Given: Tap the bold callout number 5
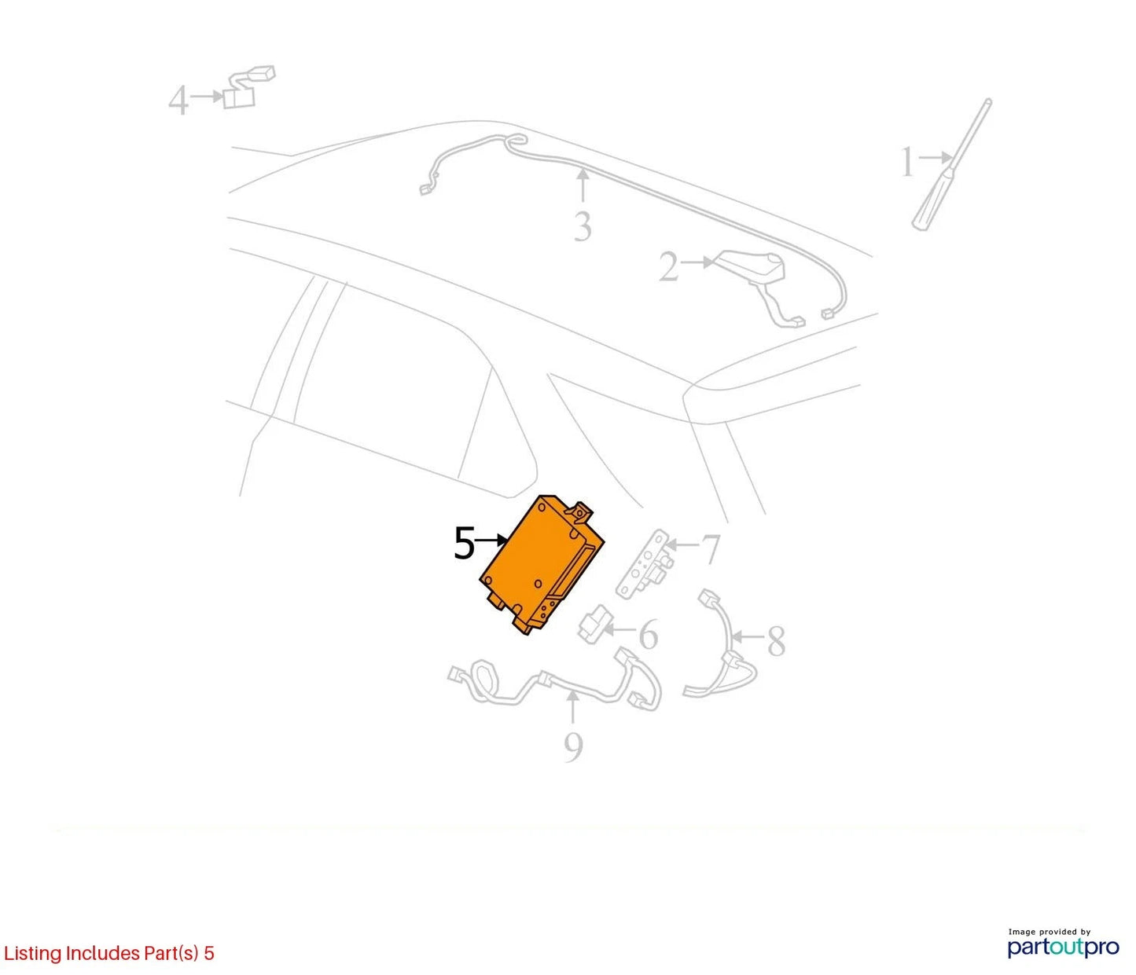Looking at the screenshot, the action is [x=464, y=544].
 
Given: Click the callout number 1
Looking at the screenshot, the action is [x=906, y=162].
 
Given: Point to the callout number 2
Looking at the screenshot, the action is [x=669, y=267].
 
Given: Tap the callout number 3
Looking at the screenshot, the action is [x=583, y=226].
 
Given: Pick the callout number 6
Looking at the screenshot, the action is [x=648, y=635].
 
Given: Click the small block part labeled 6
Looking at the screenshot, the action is [x=594, y=624].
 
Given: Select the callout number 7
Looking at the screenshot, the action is [x=711, y=548].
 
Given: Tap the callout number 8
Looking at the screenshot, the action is [x=776, y=640].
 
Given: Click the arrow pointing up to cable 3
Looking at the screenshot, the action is [x=583, y=185].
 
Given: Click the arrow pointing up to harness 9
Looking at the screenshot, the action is [x=572, y=708].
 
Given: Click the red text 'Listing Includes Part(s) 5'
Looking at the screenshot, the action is [x=108, y=953].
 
